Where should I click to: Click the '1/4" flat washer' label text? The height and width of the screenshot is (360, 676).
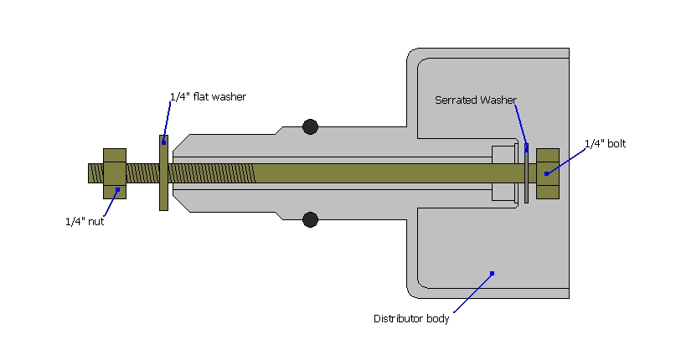pyautogui.click(x=208, y=97)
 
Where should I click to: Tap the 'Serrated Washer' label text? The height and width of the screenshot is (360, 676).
pyautogui.click(x=475, y=100)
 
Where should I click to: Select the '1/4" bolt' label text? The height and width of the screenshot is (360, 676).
pyautogui.click(x=605, y=144)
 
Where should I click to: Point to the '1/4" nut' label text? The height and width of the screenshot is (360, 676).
pyautogui.click(x=85, y=222)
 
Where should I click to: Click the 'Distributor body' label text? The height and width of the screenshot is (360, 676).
pyautogui.click(x=410, y=319)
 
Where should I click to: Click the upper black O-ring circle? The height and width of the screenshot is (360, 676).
pyautogui.click(x=311, y=127)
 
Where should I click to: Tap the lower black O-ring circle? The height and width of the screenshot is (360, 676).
pyautogui.click(x=311, y=220)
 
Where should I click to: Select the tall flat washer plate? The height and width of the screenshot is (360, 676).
pyautogui.click(x=163, y=173)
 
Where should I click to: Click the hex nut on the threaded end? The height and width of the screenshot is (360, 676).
pyautogui.click(x=115, y=173)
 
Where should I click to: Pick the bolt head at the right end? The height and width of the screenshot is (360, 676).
pyautogui.click(x=547, y=173)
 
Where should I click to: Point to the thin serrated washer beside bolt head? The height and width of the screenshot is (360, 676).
pyautogui.click(x=526, y=173)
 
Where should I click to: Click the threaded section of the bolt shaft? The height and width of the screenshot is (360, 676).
pyautogui.click(x=209, y=173)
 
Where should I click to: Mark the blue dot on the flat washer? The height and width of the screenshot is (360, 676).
pyautogui.click(x=164, y=142)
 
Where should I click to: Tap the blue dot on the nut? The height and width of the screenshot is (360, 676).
pyautogui.click(x=118, y=189)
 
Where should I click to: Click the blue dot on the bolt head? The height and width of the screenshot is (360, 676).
pyautogui.click(x=545, y=173)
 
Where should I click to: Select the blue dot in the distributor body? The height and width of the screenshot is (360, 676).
pyautogui.click(x=493, y=272)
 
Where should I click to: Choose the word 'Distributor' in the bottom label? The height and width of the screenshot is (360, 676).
pyautogui.click(x=397, y=319)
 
